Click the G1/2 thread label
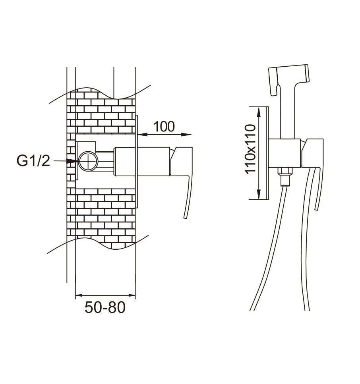[x=33, y=161]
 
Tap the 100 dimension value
[x=164, y=127]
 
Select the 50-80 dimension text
[x=105, y=307]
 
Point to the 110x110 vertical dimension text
[x=250, y=149]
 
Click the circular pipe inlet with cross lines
[x=88, y=161]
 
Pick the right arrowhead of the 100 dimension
[x=186, y=135]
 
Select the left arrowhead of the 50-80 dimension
[x=79, y=295]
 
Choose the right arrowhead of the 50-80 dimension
[x=132, y=295]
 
